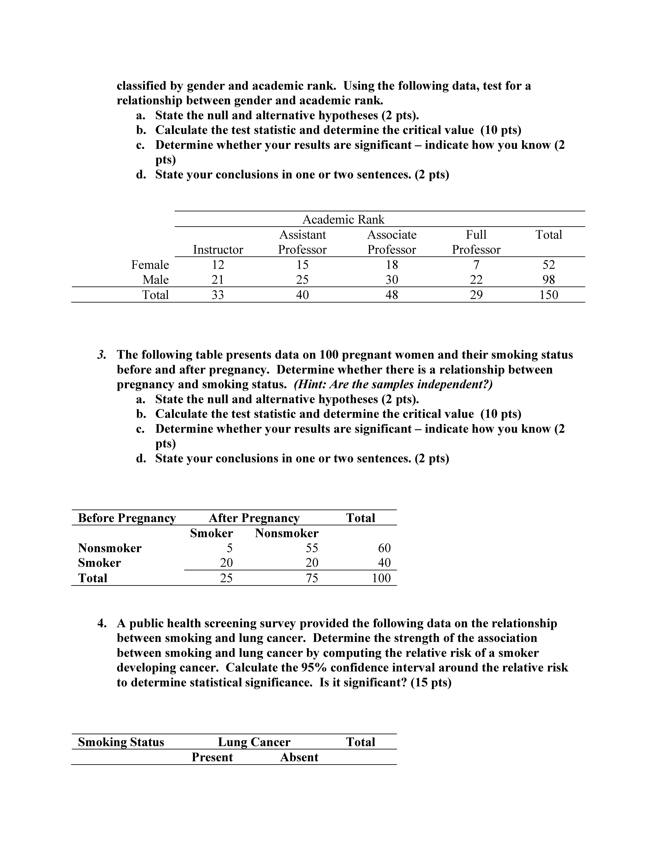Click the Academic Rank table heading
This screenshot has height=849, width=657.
click(x=343, y=220)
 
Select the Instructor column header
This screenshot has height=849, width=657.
click(x=218, y=250)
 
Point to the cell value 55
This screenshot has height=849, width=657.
click(x=312, y=548)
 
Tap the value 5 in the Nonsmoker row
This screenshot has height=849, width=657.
click(x=230, y=548)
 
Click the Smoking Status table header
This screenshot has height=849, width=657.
click(x=121, y=742)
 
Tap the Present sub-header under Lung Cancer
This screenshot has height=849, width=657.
click(x=212, y=757)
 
